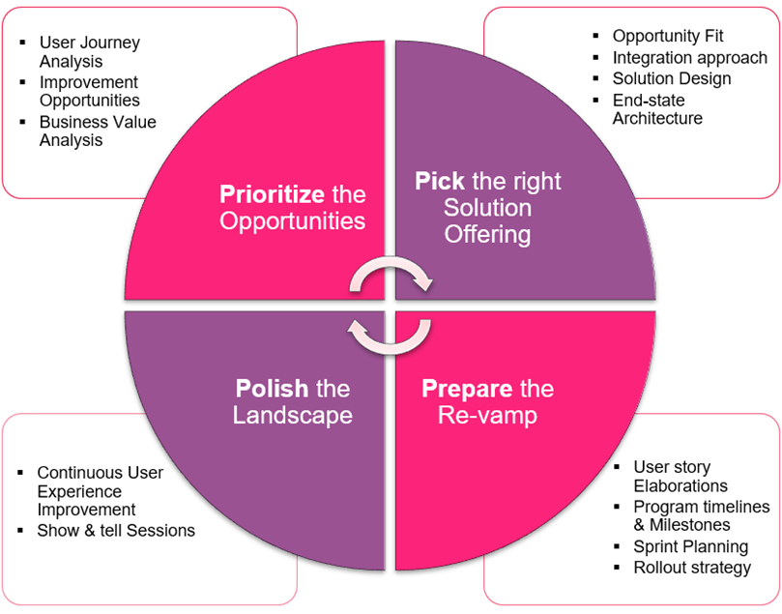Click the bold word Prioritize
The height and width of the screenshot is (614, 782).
[272, 194]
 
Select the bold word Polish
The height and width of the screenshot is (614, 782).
[272, 389]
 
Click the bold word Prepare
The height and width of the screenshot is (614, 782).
[467, 389]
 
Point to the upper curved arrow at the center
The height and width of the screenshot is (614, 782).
[391, 277]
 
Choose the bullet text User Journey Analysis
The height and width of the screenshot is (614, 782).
[89, 52]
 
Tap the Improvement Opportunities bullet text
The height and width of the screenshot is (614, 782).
[89, 92]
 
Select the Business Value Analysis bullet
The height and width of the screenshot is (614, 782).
[98, 132]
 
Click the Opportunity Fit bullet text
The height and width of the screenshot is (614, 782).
[668, 36]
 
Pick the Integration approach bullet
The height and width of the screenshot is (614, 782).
[689, 57]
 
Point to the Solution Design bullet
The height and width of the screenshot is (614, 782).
[672, 78]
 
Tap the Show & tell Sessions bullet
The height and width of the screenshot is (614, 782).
[116, 530]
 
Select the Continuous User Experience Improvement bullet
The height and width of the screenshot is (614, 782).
[100, 491]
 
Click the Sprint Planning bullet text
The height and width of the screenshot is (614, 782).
[690, 547]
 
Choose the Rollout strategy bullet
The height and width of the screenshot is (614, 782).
[692, 568]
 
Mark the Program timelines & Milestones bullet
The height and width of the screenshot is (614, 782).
[701, 516]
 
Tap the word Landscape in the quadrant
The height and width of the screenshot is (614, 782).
[292, 416]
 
